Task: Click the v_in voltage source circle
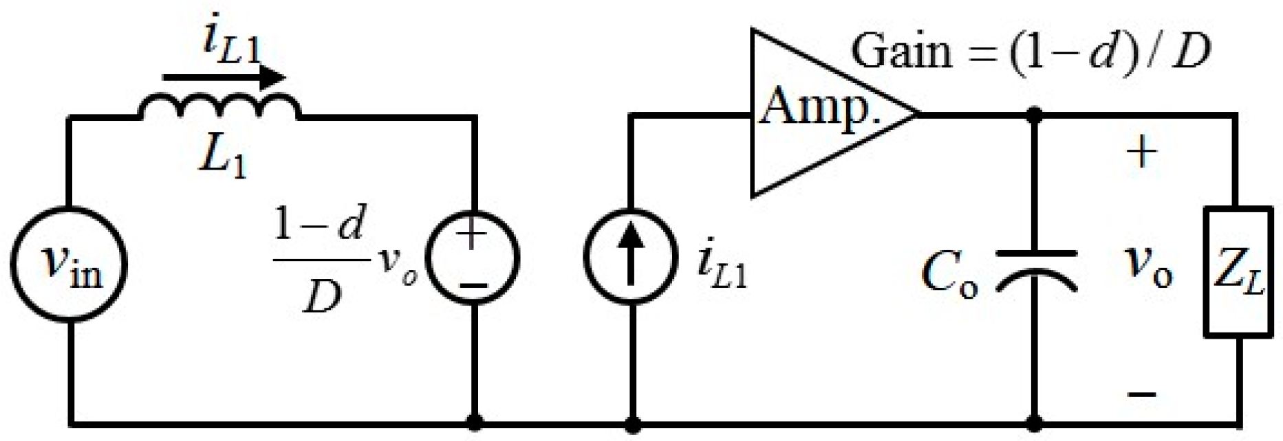tap(68, 264)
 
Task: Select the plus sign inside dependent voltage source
tap(472, 236)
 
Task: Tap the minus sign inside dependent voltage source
tap(472, 284)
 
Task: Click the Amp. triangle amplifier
tap(819, 113)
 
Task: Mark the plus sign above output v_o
tap(1142, 152)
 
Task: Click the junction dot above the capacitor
tap(1034, 116)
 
